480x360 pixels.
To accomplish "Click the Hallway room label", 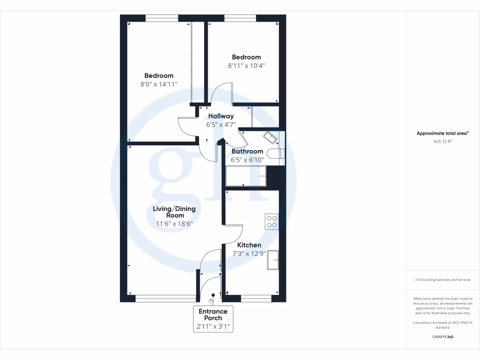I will click(x=221, y=116).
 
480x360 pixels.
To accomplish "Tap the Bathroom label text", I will click(x=247, y=151).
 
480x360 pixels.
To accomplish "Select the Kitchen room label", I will click(x=249, y=245).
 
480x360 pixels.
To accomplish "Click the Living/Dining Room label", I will click(x=174, y=212).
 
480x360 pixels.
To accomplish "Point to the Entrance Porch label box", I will click(x=213, y=319).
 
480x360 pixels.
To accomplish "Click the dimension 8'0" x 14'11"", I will click(x=158, y=84).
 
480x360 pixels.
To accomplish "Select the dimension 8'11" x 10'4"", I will click(x=247, y=66).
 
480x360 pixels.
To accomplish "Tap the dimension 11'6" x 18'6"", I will click(x=174, y=224).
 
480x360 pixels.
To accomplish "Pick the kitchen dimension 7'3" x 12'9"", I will click(x=249, y=254).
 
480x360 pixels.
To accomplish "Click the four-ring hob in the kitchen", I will click(x=272, y=221).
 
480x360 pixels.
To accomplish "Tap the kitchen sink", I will click(x=273, y=260).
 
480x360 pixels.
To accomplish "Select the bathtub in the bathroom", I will click(x=246, y=176).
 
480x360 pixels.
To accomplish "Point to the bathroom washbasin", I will click(x=270, y=138).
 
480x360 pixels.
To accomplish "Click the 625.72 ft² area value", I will click(x=442, y=141).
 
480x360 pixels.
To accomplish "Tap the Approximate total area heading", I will click(x=442, y=134).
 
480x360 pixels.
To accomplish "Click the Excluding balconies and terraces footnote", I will click(x=442, y=280).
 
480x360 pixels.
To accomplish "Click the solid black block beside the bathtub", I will click(x=276, y=176).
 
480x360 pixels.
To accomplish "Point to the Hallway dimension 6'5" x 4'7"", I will click(x=221, y=125).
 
